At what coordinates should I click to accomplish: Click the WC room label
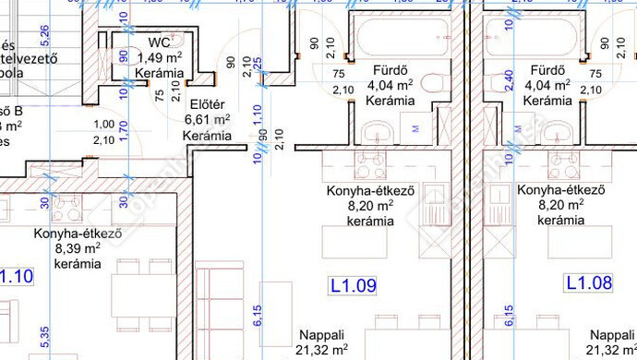159,42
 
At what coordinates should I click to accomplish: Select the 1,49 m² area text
159,57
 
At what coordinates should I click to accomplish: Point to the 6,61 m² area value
208,120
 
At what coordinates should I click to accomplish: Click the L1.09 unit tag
353,286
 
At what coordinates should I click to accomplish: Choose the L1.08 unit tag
589,282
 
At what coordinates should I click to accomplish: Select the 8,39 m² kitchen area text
78,248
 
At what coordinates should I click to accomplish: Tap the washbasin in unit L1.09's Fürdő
379,132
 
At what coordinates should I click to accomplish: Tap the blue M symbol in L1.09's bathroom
415,128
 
